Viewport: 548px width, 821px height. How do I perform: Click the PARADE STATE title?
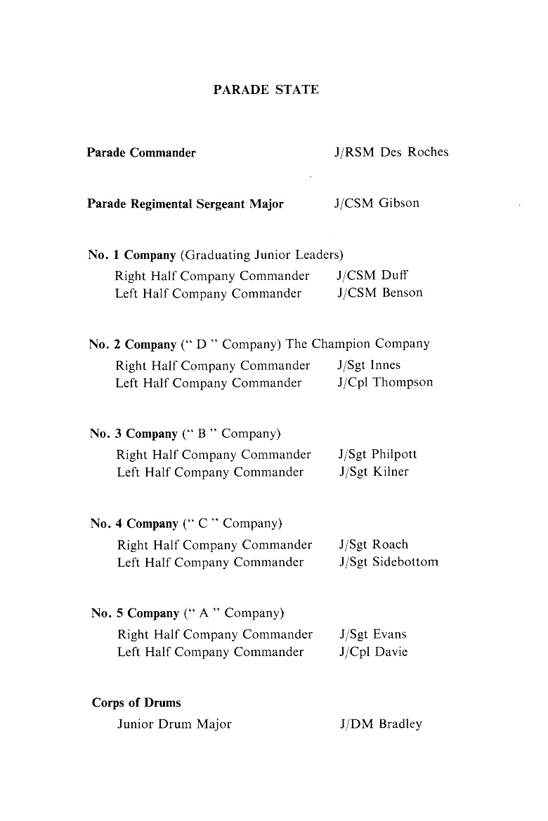point(266,90)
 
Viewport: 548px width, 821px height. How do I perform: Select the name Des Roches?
point(414,152)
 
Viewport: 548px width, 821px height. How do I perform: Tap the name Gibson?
point(398,203)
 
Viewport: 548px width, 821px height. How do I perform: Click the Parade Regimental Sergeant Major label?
point(185,204)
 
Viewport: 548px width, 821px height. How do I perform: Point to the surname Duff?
point(395,275)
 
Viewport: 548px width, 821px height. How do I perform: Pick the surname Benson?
point(403,293)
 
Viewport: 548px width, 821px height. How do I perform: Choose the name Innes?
point(386,365)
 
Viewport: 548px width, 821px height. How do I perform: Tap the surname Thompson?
point(403,382)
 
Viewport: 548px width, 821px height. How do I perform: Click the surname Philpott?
point(394,454)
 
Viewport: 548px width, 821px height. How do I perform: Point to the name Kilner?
point(390,472)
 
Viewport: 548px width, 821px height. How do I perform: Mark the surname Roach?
point(390,545)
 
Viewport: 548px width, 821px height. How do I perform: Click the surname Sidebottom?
point(405,562)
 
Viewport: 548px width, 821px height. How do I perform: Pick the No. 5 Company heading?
point(135,613)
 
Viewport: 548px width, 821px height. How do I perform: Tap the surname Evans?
point(389,634)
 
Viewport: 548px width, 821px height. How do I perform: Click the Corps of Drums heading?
point(136,703)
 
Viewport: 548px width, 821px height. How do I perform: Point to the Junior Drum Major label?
point(174,723)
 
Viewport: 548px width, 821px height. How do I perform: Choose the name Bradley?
point(400,724)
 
